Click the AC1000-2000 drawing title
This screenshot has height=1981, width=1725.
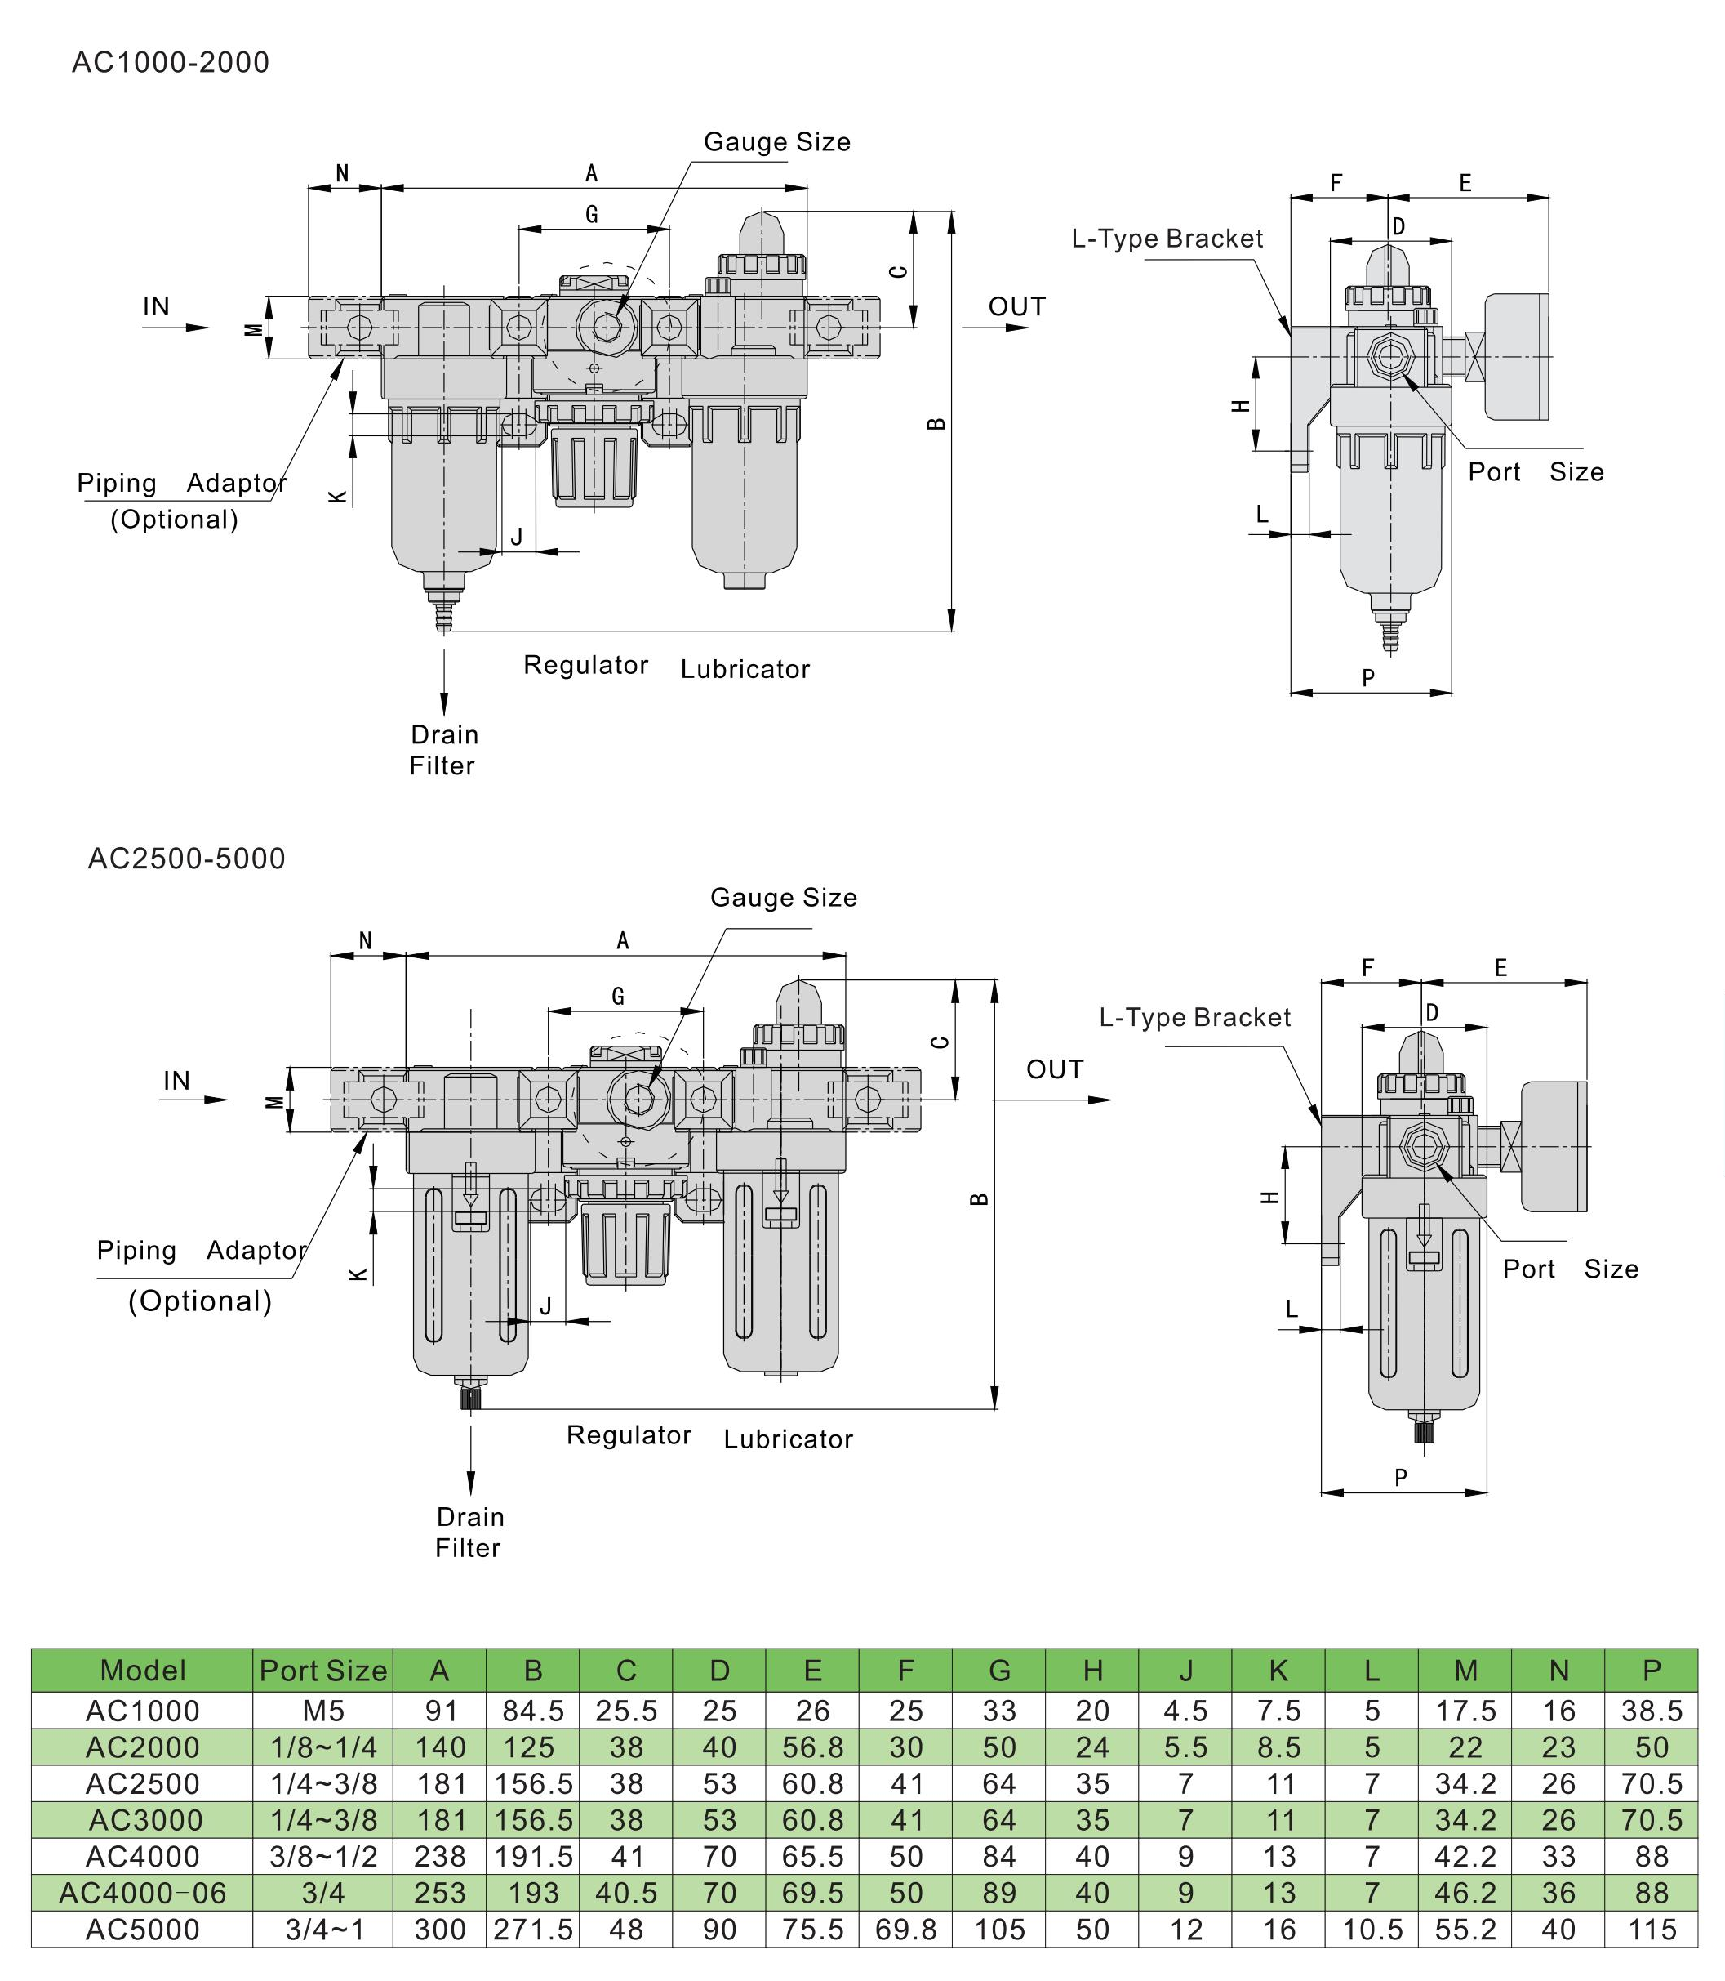tap(171, 63)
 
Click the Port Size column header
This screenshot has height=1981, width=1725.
tap(322, 1670)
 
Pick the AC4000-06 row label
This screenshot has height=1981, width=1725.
tap(143, 1894)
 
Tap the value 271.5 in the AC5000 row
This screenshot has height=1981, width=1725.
tap(533, 1930)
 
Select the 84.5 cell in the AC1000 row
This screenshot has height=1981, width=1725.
tap(533, 1711)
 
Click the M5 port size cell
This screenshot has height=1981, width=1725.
tap(322, 1711)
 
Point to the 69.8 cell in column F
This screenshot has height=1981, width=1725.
tap(905, 1930)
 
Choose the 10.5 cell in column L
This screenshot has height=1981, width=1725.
tap(1372, 1930)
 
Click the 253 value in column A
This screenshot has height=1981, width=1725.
tap(440, 1894)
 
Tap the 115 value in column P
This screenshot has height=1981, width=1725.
tap(1652, 1930)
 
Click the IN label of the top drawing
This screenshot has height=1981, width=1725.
tap(156, 306)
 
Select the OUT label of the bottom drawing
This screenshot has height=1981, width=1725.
tap(1054, 1069)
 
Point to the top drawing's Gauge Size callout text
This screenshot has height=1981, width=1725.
tap(777, 142)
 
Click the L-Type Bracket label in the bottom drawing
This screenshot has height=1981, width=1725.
tap(1194, 1017)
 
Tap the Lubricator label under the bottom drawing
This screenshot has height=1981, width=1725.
tap(789, 1439)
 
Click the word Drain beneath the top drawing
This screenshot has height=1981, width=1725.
tap(444, 735)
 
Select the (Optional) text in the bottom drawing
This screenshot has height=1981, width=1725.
tap(200, 1301)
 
